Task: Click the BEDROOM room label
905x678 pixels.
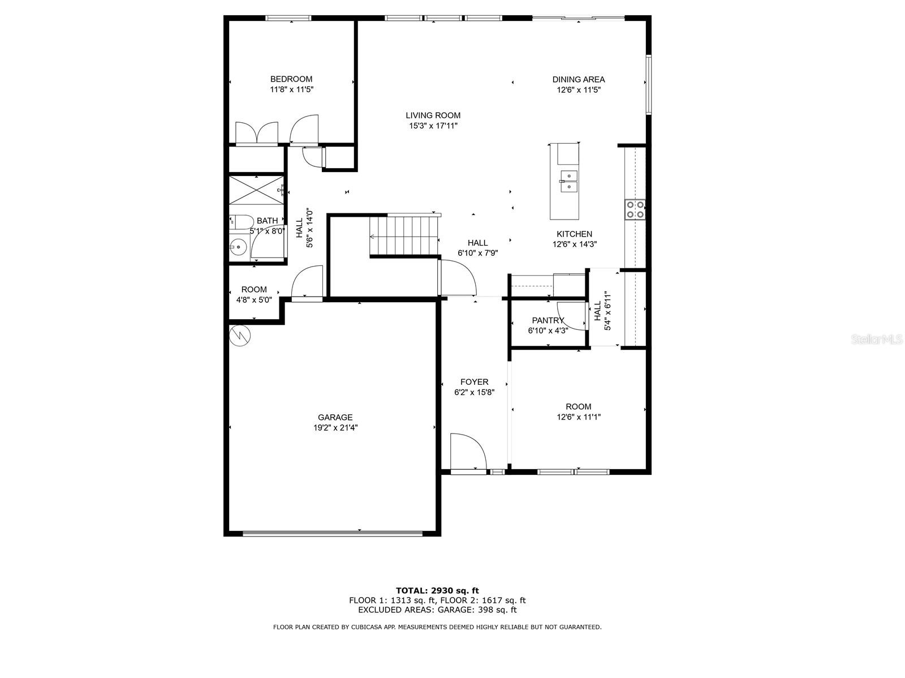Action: point(291,79)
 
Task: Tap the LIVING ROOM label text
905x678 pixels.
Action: point(433,115)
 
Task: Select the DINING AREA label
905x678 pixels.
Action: point(579,80)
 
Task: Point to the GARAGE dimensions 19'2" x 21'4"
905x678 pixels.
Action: point(335,428)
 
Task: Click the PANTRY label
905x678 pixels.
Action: point(548,320)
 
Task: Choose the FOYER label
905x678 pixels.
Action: point(474,382)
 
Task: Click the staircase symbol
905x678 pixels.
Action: point(404,236)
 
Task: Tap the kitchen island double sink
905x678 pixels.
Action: point(568,182)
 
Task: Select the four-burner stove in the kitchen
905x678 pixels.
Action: point(635,209)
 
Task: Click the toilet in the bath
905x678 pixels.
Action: point(242,222)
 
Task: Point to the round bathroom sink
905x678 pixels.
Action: point(238,248)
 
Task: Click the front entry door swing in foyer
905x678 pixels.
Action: point(468,450)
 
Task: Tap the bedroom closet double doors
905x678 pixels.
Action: point(256,133)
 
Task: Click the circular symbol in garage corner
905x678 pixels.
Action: point(240,336)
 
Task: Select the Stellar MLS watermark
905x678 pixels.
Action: point(877,340)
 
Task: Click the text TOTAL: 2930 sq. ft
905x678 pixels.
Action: point(437,591)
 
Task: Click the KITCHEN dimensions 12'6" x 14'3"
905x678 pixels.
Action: point(575,244)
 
